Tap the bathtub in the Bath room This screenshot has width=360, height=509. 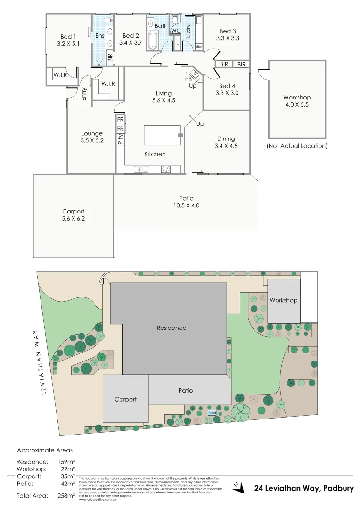154,40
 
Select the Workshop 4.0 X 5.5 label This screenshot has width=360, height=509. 297,101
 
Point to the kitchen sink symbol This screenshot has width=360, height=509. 140,169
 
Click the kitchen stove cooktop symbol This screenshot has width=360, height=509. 166,169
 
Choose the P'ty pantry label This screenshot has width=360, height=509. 120,139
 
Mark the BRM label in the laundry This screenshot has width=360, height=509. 198,47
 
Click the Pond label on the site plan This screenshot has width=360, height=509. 212,412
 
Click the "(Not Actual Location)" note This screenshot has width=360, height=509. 297,146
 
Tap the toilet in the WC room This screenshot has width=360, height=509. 175,19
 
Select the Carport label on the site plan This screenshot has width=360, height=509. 125,399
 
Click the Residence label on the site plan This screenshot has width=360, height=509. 172,328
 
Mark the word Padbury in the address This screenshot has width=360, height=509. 338,488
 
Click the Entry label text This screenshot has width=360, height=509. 84,94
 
